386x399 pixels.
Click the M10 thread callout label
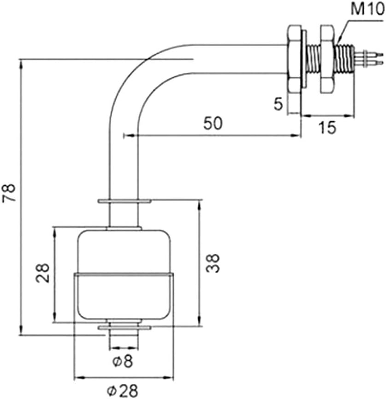pyautogui.click(x=367, y=9)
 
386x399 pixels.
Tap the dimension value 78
pyautogui.click(x=9, y=192)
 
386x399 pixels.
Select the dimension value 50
pyautogui.click(x=213, y=123)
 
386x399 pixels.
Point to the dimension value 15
pyautogui.click(x=327, y=127)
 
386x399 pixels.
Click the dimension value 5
pyautogui.click(x=278, y=104)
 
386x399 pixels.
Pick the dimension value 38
pyautogui.click(x=213, y=263)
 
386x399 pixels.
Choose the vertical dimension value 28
pyautogui.click(x=42, y=273)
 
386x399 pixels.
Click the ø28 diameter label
pyautogui.click(x=122, y=391)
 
